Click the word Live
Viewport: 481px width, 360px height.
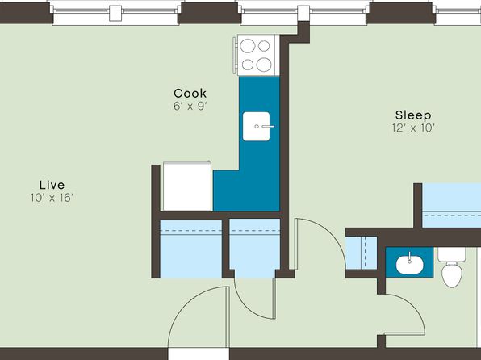click(52, 185)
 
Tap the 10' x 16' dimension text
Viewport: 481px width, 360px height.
click(52, 198)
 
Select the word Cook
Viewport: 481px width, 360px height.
click(190, 94)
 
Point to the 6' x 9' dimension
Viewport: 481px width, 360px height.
click(190, 107)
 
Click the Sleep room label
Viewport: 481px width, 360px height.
click(413, 115)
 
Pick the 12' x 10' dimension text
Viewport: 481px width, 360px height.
click(413, 128)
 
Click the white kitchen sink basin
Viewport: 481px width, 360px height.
click(256, 127)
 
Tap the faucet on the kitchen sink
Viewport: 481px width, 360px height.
click(265, 126)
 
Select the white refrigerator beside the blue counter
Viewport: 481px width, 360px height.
click(187, 186)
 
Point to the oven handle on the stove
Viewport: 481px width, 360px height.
click(235, 55)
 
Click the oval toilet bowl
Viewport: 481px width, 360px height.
click(452, 274)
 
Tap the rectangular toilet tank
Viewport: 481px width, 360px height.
click(452, 254)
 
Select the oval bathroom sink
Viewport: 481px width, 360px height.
click(409, 265)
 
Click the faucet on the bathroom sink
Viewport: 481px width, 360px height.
click(409, 257)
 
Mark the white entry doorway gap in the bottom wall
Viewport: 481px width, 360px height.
click(199, 354)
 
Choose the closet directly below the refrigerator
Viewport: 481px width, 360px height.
click(191, 249)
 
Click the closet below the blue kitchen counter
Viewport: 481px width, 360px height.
click(254, 249)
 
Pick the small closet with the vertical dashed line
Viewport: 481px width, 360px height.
click(362, 253)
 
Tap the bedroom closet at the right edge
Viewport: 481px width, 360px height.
click(452, 206)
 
